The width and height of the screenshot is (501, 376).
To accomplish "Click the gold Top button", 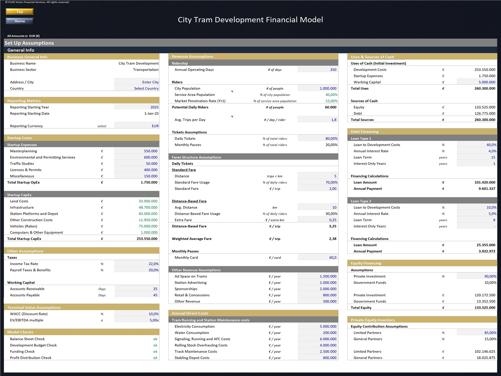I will (20, 12).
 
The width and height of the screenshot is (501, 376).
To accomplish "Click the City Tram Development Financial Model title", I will (250, 20).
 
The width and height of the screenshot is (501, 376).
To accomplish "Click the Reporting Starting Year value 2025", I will (154, 107).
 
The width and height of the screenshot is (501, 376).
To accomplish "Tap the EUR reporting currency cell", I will (155, 126).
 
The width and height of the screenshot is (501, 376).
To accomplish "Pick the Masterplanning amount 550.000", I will (151, 151).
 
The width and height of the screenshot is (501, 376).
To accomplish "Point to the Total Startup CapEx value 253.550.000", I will (147, 239).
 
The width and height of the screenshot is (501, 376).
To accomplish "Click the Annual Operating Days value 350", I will (333, 69).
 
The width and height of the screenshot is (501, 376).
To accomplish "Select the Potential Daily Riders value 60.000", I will (330, 107).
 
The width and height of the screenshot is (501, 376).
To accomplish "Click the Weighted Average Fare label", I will (192, 239).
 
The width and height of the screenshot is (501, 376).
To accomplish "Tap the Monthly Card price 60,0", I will (333, 257).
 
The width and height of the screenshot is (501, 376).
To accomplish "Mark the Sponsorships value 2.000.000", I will (328, 289).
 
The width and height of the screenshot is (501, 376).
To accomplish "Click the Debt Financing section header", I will (364, 132).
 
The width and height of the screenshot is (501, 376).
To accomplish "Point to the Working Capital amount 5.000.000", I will (487, 82).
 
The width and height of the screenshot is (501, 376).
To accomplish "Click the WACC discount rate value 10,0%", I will (154, 314).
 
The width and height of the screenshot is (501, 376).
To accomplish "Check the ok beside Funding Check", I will (155, 351).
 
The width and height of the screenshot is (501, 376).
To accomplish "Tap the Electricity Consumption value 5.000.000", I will (328, 326).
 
